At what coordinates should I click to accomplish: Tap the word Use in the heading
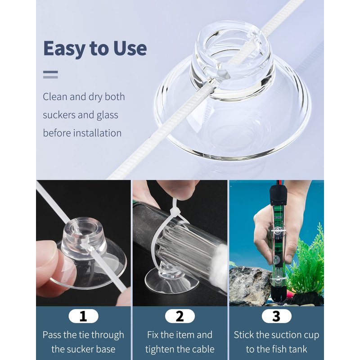[x=130, y=48]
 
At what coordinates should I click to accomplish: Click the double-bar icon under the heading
[x=50, y=75]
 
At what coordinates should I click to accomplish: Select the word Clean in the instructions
[x=55, y=97]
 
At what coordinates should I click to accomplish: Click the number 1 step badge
[x=83, y=316]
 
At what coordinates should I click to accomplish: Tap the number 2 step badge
[x=180, y=316]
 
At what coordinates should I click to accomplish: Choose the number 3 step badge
[x=276, y=316]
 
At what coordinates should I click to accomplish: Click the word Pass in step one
[x=52, y=335]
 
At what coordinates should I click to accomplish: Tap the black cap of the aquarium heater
[x=278, y=195]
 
